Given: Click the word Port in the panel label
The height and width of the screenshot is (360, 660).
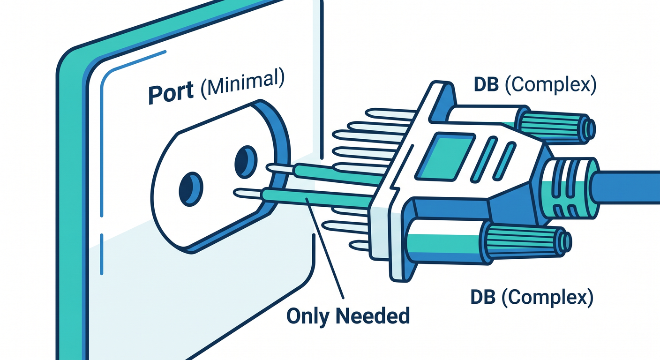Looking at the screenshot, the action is pos(171,92).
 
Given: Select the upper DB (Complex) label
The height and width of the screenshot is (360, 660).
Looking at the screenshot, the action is pos(535,85).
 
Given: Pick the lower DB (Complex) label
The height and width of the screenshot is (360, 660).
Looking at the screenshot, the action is pos(532,298).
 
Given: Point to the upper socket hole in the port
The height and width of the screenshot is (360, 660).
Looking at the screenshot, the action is pos(246,162).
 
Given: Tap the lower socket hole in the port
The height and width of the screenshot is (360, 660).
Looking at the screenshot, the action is pos(191,189).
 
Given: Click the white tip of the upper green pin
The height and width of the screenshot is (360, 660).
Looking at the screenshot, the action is pos(280,168).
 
